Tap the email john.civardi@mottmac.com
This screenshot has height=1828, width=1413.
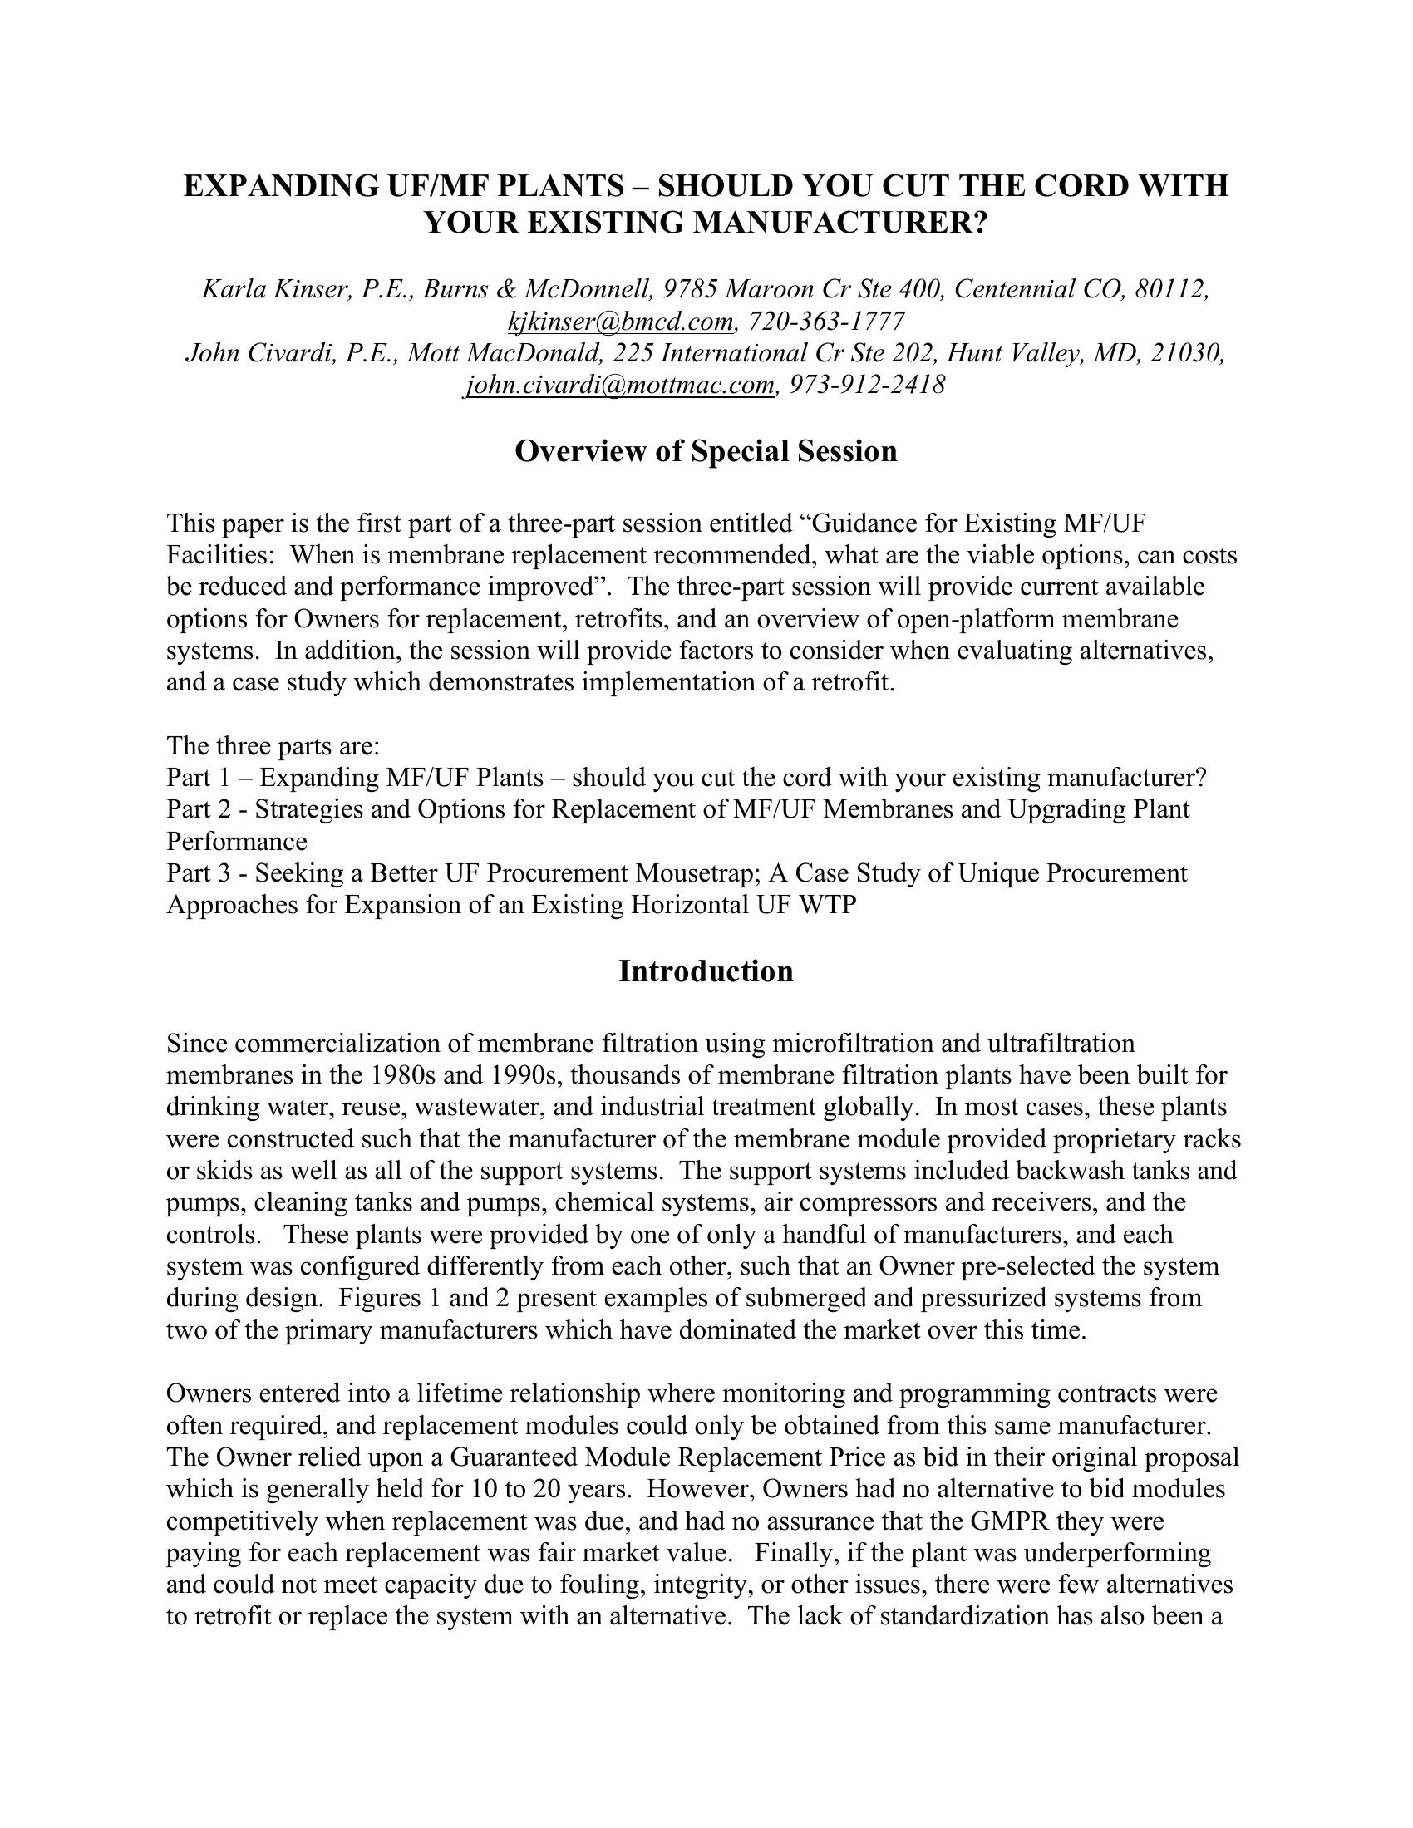(x=619, y=385)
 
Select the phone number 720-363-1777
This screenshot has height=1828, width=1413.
(x=825, y=322)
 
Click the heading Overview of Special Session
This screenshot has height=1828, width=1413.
(x=706, y=452)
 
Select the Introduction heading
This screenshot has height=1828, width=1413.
(x=706, y=972)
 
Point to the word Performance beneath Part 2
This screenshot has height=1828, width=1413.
(x=237, y=842)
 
